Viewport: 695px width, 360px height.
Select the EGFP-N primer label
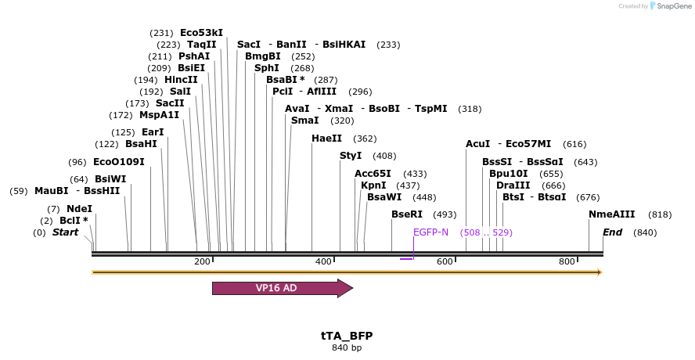430,232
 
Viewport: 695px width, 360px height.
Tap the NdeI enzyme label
79,209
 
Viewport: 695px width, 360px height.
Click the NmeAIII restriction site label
612,214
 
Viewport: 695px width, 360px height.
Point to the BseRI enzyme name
407,214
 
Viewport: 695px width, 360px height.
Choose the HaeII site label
326,139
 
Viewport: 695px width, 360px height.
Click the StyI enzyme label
351,156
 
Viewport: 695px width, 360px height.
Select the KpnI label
373,185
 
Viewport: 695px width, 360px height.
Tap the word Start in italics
65,232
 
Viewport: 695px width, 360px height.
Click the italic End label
612,232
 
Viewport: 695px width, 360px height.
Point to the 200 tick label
202,261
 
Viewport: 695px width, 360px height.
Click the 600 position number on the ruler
445,261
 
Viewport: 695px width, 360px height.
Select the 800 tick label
567,261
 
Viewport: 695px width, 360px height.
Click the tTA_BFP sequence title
347,336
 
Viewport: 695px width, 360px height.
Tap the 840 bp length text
347,347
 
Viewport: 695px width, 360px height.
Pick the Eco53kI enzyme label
201,33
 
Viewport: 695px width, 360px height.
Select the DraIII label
513,185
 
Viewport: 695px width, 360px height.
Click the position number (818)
660,214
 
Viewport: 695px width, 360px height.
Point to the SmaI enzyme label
304,121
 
